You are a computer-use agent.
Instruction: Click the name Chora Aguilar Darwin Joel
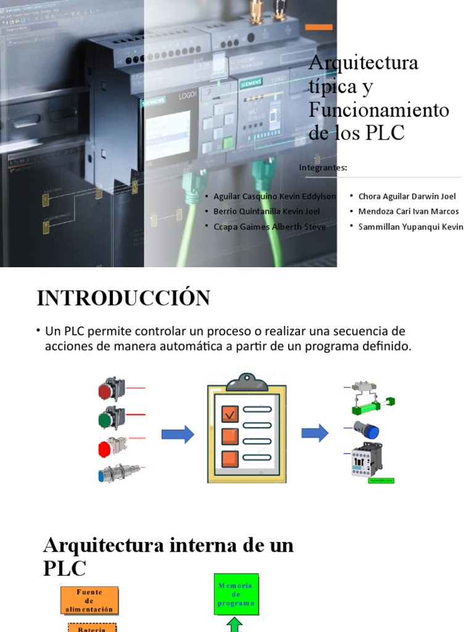pos(407,196)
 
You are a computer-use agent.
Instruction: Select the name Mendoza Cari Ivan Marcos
pos(409,211)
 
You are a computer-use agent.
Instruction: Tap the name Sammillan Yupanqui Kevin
pos(410,227)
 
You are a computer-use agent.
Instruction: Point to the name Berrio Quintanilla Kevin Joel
pos(267,211)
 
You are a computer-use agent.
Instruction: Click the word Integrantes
pos(323,167)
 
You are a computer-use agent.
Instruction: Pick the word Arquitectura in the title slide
pos(363,63)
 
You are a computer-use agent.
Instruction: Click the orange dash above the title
pos(319,27)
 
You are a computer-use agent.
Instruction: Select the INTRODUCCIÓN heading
pos(123,298)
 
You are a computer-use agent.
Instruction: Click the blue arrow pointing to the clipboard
pos(178,434)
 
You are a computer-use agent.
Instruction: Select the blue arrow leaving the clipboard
pos(315,433)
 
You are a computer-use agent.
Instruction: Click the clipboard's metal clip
pos(247,383)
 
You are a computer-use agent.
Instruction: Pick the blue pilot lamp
pos(366,430)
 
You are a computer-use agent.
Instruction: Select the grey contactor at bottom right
pos(367,460)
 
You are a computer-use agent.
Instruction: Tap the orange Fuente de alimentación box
pos(89,600)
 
